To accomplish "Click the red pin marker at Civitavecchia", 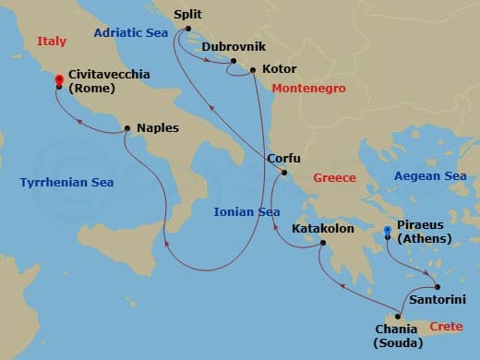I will [x=59, y=80].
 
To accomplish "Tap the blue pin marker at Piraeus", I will [x=387, y=229].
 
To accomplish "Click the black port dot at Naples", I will [x=127, y=129].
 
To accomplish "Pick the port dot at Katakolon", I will [x=320, y=245].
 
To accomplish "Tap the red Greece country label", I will [x=334, y=177].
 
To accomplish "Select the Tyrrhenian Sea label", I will [x=66, y=183].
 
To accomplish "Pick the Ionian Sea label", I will [x=246, y=211].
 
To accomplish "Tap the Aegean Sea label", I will [x=429, y=176].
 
